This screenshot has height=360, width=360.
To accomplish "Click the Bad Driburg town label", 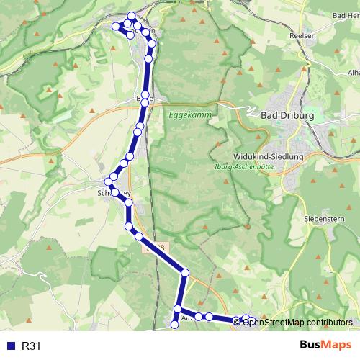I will click(x=285, y=114).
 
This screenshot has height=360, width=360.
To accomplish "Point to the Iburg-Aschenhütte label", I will click(x=251, y=168).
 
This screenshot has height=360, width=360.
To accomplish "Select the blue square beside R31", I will click(x=9, y=346).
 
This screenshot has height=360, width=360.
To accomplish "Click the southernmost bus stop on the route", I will click(x=174, y=325).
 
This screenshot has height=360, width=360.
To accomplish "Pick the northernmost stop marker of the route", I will click(x=131, y=16).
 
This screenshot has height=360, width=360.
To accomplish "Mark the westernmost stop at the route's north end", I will click(x=115, y=27).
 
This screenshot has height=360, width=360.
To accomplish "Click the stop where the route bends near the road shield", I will click(x=185, y=273).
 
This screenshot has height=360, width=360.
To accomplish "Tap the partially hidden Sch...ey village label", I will click(x=115, y=193).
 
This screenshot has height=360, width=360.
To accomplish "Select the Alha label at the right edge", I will click(x=353, y=73).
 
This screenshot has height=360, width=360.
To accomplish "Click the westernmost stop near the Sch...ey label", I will click(x=108, y=181).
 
